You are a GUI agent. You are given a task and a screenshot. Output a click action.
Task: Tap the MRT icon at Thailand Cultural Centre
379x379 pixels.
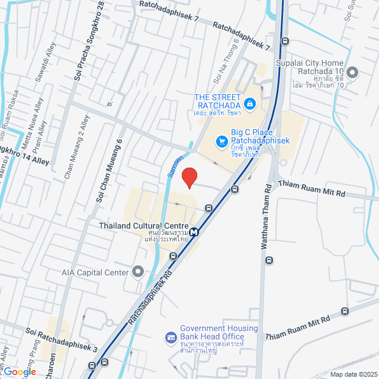point(195,231)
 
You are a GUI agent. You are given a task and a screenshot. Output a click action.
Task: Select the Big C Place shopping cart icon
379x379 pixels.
point(222,142)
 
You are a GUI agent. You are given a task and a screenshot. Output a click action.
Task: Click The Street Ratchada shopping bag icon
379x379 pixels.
point(250,104)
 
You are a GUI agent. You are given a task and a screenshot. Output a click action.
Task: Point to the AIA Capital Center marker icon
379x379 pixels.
point(139,272)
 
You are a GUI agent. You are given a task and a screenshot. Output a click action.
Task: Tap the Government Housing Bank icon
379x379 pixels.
point(171,337)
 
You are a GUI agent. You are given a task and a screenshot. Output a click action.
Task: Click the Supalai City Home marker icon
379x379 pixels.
point(352,73)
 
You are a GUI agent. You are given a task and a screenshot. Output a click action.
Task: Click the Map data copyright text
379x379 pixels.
point(354,374)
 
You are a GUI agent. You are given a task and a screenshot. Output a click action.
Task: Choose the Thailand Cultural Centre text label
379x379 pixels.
point(144,226)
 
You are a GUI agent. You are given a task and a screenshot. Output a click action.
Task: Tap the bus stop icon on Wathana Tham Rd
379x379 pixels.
point(270,260)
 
